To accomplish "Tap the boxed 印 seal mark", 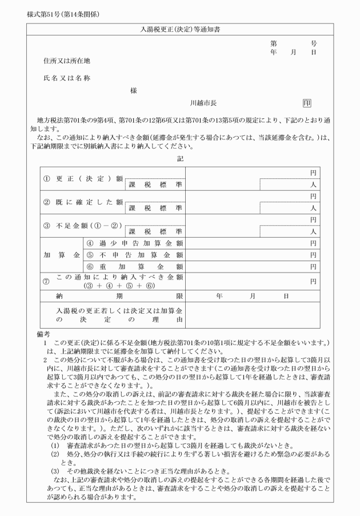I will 307,103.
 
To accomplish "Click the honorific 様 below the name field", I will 133,90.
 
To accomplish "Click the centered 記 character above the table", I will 181,158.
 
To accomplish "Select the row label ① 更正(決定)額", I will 83,178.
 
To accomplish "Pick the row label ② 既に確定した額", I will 83,202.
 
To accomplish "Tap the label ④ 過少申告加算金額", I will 134,243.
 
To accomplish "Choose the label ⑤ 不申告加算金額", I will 134,255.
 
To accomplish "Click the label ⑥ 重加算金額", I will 134,267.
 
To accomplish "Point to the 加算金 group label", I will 61,255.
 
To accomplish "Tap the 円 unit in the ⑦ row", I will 313,281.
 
